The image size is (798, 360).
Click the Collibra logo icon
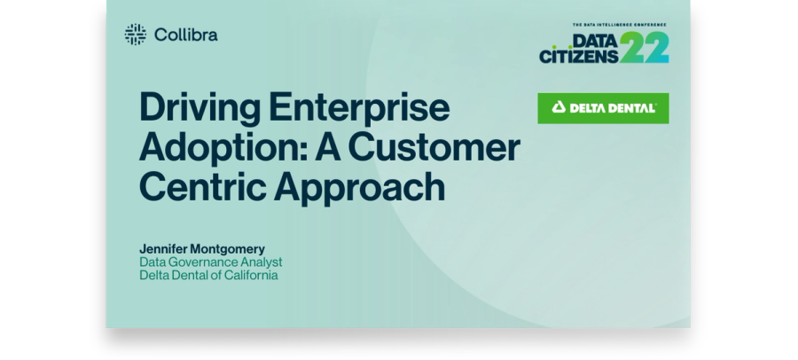pyautogui.click(x=136, y=35)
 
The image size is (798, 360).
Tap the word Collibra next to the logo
pyautogui.click(x=186, y=35)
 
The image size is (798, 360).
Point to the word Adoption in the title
pyautogui.click(x=223, y=149)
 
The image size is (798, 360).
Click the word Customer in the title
pyautogui.click(x=434, y=148)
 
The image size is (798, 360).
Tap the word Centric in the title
pyautogui.click(x=202, y=186)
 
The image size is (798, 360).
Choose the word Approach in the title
pyautogui.click(x=360, y=188)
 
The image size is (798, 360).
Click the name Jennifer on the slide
pyautogui.click(x=163, y=249)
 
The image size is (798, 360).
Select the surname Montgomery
pyautogui.click(x=228, y=249)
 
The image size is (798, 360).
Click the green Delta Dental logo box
pyautogui.click(x=603, y=108)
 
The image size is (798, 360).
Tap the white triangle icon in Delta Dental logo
pyautogui.click(x=559, y=107)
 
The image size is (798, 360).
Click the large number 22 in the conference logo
pyautogui.click(x=645, y=47)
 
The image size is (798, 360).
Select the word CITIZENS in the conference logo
pyautogui.click(x=579, y=56)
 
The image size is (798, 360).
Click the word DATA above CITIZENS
pyautogui.click(x=596, y=40)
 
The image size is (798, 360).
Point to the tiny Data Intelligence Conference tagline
pyautogui.click(x=620, y=25)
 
